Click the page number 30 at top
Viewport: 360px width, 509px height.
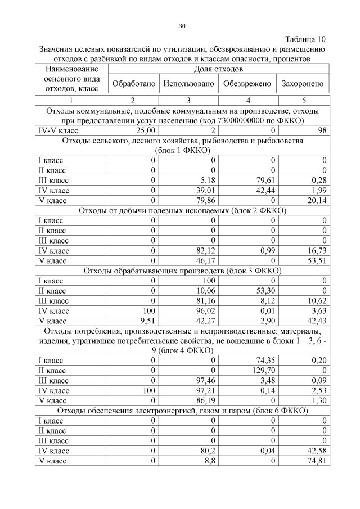(182, 26)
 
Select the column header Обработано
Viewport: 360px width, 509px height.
(133, 84)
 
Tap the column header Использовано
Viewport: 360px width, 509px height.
(189, 84)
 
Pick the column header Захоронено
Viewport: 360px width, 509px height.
(303, 84)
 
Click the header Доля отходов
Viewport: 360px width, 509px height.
(218, 69)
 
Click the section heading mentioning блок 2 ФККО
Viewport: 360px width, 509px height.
(182, 211)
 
